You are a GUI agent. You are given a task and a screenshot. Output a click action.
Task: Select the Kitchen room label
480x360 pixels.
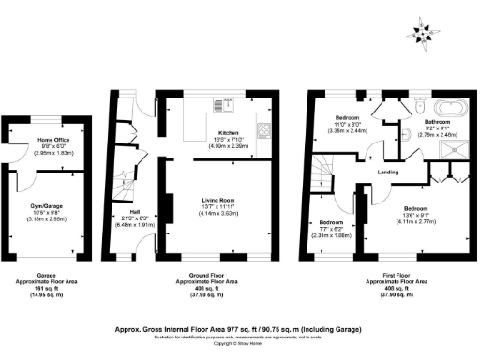tap(230, 133)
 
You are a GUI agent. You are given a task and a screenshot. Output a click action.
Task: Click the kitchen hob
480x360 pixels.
tap(264, 130)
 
